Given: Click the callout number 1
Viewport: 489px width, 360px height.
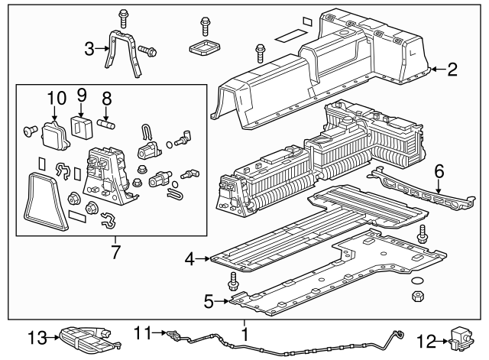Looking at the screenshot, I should click(244, 334).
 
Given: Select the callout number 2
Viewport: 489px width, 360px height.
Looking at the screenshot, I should click(452, 71).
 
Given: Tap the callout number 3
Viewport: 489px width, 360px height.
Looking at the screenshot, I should click(89, 50).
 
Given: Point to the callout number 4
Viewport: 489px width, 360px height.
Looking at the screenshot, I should click(189, 260).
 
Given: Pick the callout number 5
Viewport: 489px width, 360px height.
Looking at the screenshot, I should click(208, 302).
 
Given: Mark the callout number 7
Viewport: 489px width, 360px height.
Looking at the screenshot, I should click(115, 251).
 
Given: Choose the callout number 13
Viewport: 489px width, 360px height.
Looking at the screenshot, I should click(37, 337).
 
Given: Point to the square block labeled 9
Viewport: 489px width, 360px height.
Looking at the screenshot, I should click(79, 125).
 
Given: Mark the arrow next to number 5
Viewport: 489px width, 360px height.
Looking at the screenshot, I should click(222, 302).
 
